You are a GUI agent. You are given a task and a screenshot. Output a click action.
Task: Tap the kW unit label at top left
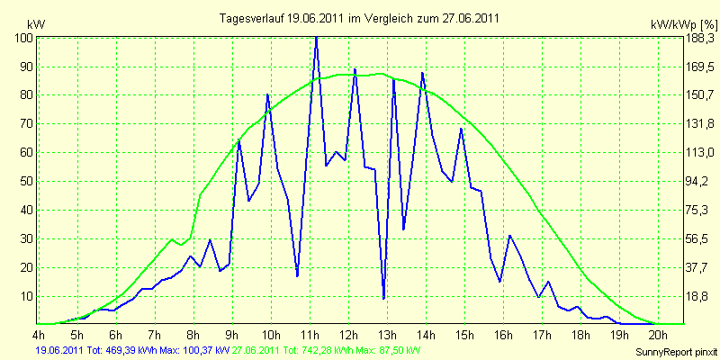pyautogui.click(x=36, y=24)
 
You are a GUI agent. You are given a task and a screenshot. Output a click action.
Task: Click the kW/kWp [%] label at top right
pyautogui.click(x=683, y=25)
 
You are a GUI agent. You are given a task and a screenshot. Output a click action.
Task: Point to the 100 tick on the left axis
pyautogui.click(x=24, y=38)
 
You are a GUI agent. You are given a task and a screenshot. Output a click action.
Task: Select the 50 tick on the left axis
pyautogui.click(x=27, y=182)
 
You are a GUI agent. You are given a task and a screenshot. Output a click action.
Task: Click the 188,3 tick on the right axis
pyautogui.click(x=699, y=38)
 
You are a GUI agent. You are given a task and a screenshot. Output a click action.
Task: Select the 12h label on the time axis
pyautogui.click(x=349, y=333)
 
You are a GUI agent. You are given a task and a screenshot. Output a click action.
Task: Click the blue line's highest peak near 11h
pyautogui.click(x=316, y=38)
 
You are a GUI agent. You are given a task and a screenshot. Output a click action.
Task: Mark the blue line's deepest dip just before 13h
pyautogui.click(x=383, y=299)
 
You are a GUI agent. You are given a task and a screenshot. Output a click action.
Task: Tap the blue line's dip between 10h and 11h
pyautogui.click(x=298, y=276)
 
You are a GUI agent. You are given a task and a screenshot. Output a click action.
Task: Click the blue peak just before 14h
pyautogui.click(x=422, y=73)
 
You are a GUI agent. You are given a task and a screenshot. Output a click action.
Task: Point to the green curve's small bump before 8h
pyautogui.click(x=172, y=239)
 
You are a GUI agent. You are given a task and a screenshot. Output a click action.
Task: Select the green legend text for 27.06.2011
pyautogui.click(x=326, y=351)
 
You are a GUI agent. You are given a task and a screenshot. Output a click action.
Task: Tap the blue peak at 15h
pyautogui.click(x=461, y=129)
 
